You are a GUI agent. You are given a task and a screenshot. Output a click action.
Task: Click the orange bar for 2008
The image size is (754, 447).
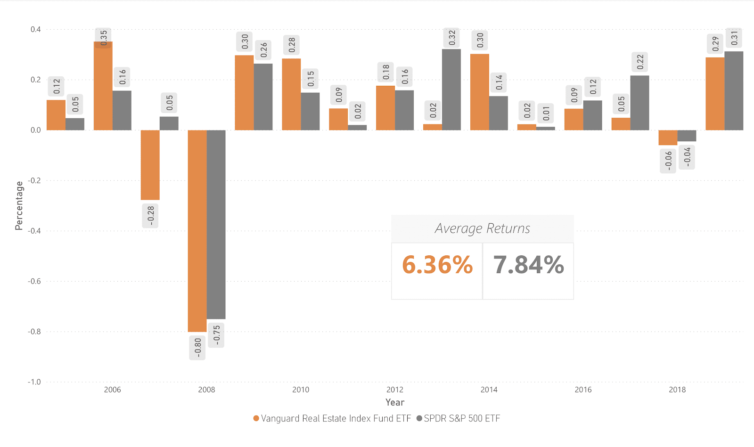pos(197,231)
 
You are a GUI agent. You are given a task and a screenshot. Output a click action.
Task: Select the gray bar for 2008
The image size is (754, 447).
pos(216,224)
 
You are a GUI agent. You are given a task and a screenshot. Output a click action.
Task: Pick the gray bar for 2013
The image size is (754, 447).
pos(451,89)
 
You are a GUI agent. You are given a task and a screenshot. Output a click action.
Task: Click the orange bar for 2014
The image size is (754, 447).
pos(479,92)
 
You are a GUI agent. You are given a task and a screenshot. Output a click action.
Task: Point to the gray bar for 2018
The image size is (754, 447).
pos(687,136)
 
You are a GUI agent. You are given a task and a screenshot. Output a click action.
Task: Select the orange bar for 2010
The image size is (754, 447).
pos(291,94)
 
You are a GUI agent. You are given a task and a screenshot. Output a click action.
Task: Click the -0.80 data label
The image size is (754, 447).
pos(197,348)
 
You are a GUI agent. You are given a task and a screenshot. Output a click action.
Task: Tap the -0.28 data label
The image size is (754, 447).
pos(150,216)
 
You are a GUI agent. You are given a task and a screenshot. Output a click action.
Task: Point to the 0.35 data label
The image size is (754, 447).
pos(104,38)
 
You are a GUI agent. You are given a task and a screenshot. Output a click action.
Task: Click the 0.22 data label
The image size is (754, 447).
pos(640,62)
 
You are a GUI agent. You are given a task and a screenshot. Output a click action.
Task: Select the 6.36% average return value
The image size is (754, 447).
pos(437,265)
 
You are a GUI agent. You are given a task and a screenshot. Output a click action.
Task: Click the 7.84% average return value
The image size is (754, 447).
pos(528,265)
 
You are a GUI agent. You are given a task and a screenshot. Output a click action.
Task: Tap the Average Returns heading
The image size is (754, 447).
pos(482,228)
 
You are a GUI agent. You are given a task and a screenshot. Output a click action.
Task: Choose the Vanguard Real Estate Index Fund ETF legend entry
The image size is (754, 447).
pos(332,418)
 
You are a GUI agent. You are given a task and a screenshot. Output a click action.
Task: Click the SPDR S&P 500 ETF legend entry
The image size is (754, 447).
pos(458,418)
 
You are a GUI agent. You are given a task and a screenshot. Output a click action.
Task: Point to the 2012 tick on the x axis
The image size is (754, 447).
pos(394,390)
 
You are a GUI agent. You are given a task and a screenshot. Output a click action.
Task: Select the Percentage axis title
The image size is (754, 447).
pos(19,205)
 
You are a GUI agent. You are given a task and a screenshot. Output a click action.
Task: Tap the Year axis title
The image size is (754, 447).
pos(394,402)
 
